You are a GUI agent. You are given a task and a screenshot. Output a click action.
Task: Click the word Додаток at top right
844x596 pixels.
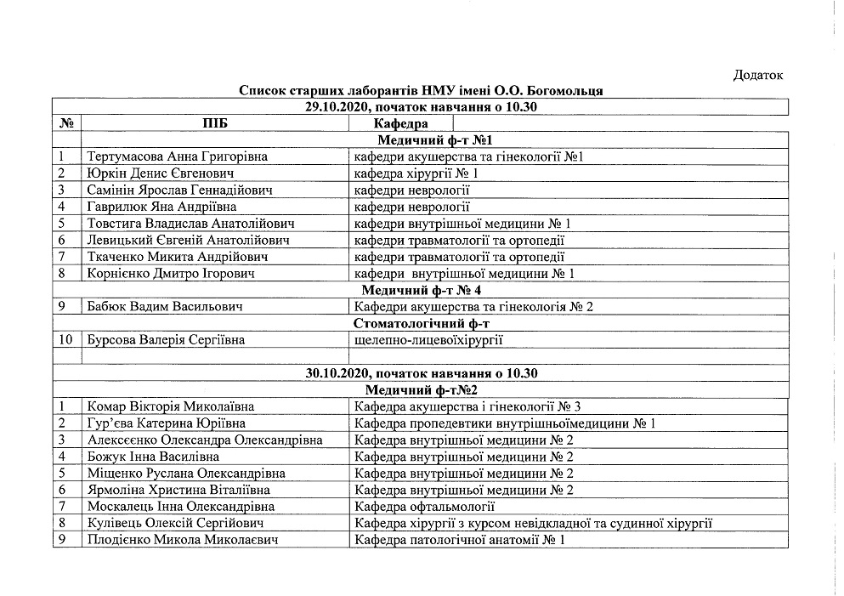coord(756,76)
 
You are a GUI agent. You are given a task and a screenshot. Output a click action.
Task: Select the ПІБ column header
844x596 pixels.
coord(215,123)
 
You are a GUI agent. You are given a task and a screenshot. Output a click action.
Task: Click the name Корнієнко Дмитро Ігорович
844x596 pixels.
coord(170,273)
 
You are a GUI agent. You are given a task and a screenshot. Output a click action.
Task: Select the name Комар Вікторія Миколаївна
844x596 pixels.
coord(171,406)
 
